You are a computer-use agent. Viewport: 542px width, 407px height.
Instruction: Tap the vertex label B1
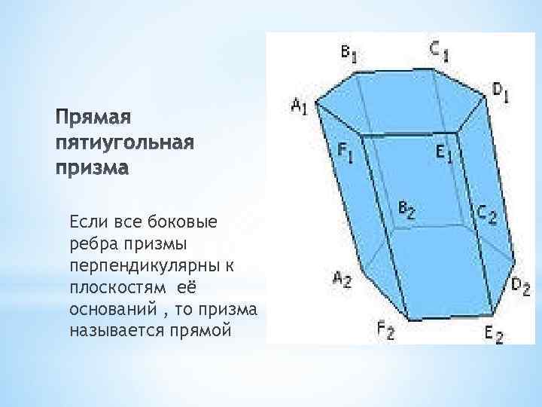pos(349,53)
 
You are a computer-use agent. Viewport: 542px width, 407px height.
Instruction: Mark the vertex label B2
pos(406,210)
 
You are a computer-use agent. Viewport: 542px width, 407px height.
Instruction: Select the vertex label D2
pos(521,286)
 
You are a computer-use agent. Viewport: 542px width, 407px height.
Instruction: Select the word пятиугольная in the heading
pos(125,143)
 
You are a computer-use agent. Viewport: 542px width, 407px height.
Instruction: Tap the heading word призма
pos(93,167)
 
